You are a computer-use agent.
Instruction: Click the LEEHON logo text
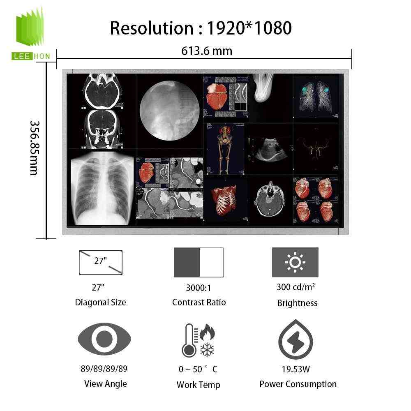[x=31, y=56]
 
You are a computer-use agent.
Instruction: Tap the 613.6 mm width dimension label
[x=207, y=51]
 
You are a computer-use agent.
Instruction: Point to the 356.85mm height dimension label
[x=34, y=148]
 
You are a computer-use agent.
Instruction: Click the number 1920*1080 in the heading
[x=249, y=28]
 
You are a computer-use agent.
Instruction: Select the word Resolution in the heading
[x=152, y=28]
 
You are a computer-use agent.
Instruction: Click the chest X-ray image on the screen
[x=102, y=188]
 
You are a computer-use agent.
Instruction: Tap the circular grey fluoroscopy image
[x=169, y=111]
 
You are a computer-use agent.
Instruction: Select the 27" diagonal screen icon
[x=101, y=262]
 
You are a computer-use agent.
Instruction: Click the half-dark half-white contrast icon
[x=199, y=262]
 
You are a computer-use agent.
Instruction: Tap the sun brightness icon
[x=295, y=262]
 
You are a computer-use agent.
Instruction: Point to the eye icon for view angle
[x=104, y=339]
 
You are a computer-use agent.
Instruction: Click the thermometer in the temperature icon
[x=189, y=340]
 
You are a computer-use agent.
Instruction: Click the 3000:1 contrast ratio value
[x=199, y=288]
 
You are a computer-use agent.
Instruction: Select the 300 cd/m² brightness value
[x=296, y=287]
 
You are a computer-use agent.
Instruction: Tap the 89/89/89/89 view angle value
[x=104, y=369]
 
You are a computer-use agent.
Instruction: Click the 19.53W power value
[x=296, y=369]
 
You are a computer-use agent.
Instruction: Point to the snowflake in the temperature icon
[x=207, y=350]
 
